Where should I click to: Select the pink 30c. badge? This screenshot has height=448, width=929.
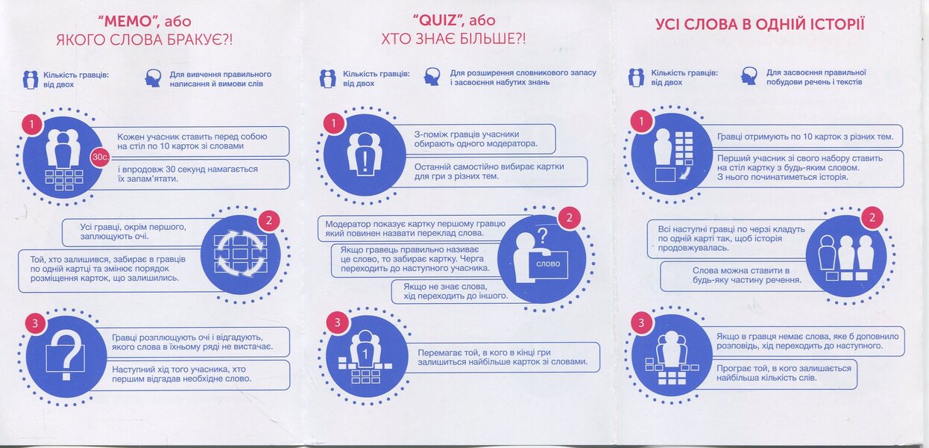pyautogui.click(x=100, y=158)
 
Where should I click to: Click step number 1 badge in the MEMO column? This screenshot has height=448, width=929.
pyautogui.click(x=32, y=124)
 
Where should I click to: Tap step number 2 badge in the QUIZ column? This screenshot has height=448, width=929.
pyautogui.click(x=569, y=217)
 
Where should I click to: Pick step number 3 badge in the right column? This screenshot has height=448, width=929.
pyautogui.click(x=641, y=323)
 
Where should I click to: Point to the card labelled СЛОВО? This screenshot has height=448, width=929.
pyautogui.click(x=548, y=264)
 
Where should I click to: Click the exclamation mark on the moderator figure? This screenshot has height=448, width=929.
pyautogui.click(x=365, y=161)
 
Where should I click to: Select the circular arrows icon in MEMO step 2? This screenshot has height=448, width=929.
pyautogui.click(x=241, y=253)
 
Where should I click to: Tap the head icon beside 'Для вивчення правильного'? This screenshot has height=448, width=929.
pyautogui.click(x=153, y=78)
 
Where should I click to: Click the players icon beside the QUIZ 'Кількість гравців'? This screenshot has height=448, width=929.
pyautogui.click(x=327, y=78)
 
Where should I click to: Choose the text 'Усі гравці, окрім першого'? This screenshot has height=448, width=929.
pyautogui.click(x=133, y=227)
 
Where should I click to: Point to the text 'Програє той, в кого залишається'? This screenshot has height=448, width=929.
pyautogui.click(x=784, y=368)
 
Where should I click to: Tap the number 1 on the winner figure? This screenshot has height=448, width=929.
pyautogui.click(x=365, y=355)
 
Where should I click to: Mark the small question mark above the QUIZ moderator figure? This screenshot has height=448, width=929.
pyautogui.click(x=542, y=236)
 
